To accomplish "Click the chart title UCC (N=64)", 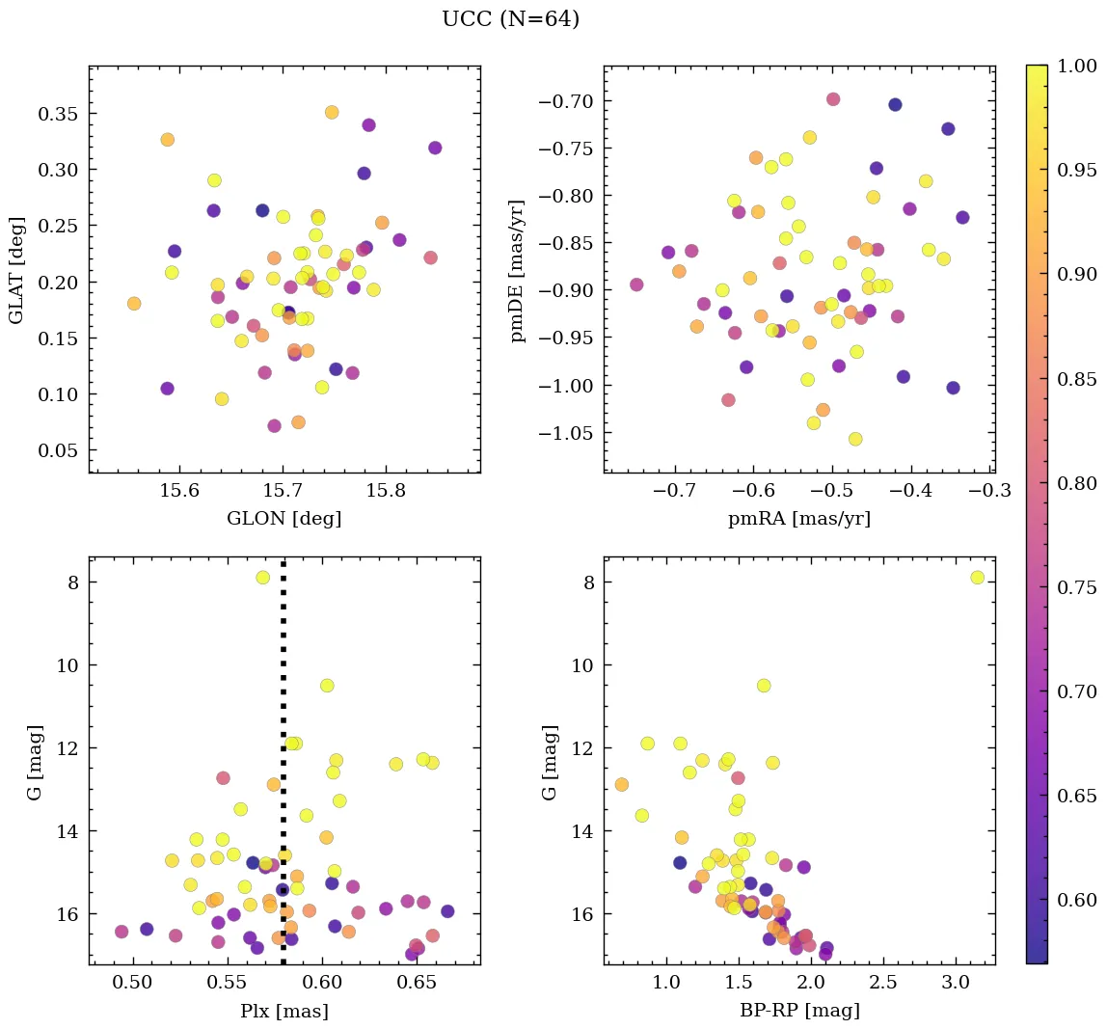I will (510, 19).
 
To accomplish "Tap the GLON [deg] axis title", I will (283, 519).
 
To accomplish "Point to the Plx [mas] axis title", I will (283, 1011).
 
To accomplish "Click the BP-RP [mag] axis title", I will (799, 1011).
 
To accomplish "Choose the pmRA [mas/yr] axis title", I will (799, 519).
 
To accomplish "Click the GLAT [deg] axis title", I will (16, 270).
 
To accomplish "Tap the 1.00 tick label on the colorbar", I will (1077, 66).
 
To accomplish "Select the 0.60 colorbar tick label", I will (1077, 900).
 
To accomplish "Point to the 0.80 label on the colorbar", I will (1077, 483).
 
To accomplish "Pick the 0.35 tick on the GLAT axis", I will (57, 114).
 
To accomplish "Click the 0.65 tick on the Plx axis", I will (418, 984).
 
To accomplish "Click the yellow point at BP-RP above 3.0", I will (977, 578).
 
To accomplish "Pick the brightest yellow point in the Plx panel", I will (262, 578).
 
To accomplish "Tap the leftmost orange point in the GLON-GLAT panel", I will (134, 304).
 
